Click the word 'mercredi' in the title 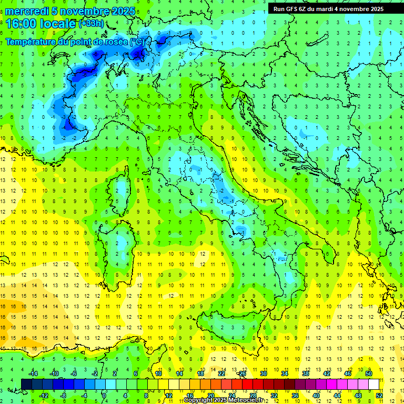click(27, 11)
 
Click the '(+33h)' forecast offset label click(91, 23)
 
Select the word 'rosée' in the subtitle click(115, 41)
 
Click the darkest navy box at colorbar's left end click(26, 384)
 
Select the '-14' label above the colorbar click(33, 373)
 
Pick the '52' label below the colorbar click(379, 395)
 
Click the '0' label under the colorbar click(104, 395)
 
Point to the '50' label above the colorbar click(369, 373)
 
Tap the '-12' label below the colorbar click(44, 395)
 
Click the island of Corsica click(122, 187)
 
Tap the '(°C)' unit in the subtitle click(137, 41)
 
